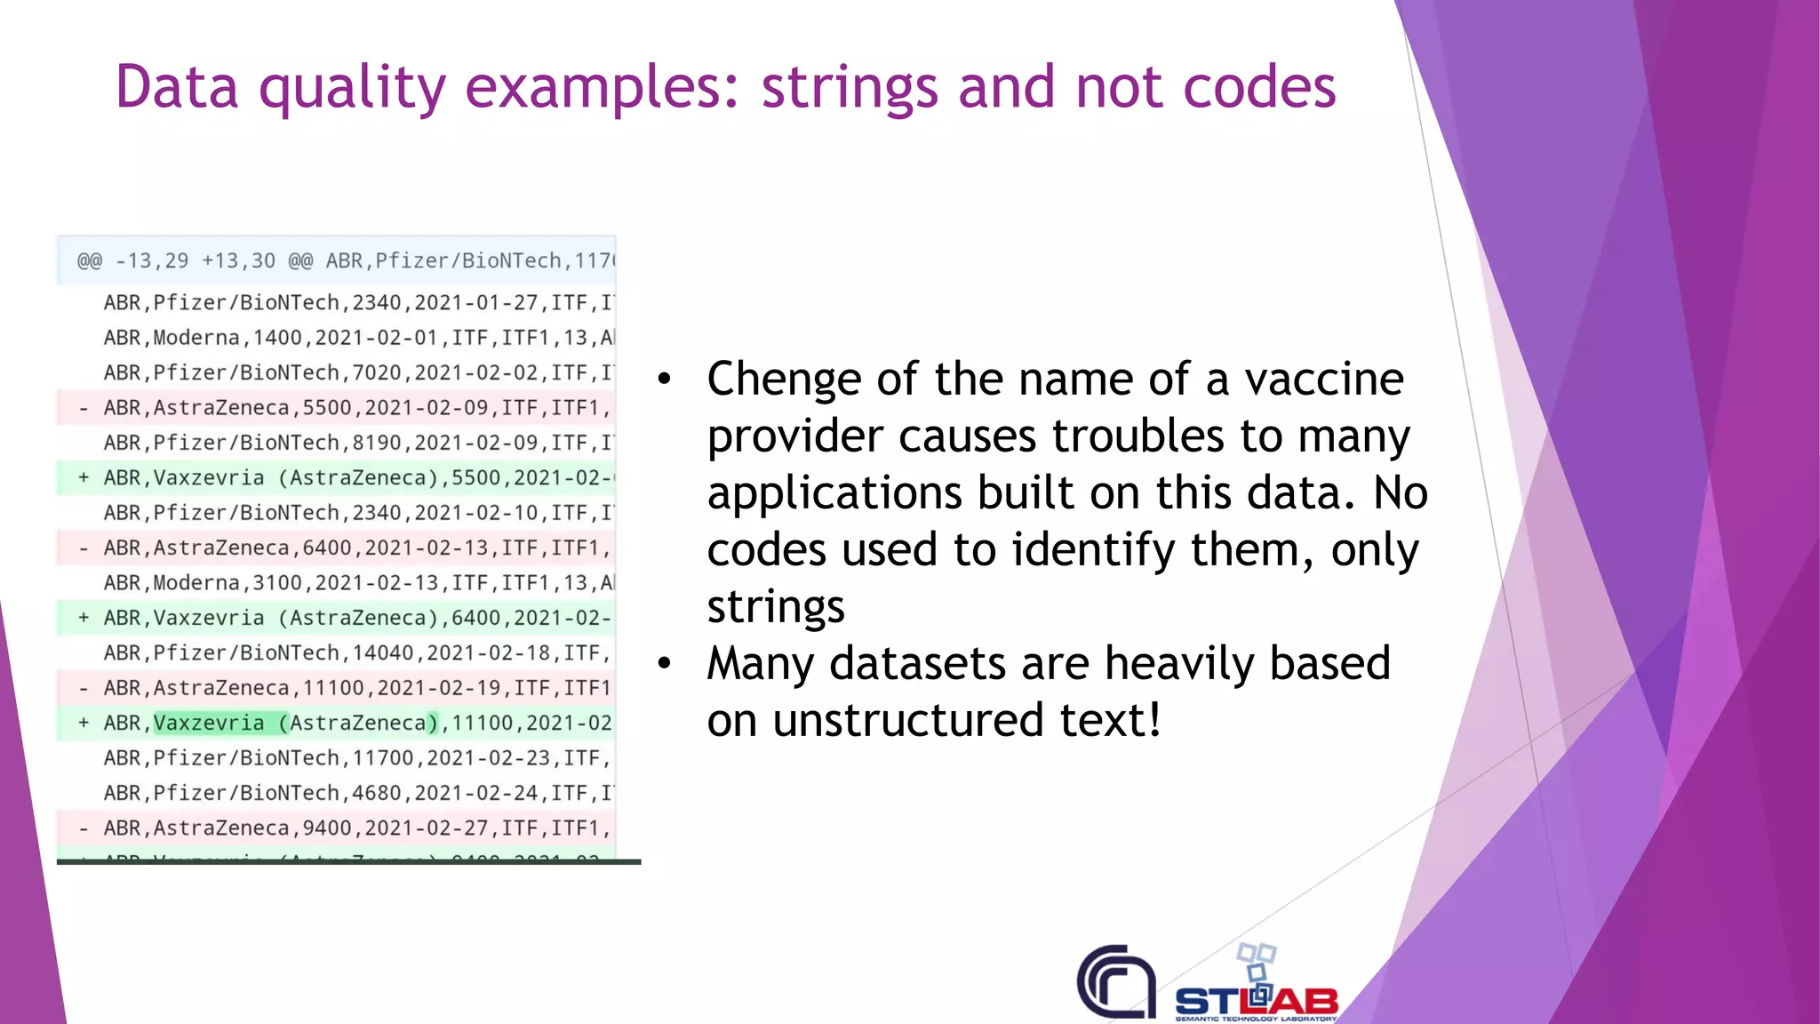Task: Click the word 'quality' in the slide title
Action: coord(352,89)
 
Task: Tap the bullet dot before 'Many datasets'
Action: coord(665,663)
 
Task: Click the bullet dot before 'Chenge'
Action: coord(665,380)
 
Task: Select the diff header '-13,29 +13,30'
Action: coord(196,261)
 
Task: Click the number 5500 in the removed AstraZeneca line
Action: coord(327,408)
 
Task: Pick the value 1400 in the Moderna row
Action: coord(277,338)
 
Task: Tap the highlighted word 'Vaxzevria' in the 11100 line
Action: coord(209,724)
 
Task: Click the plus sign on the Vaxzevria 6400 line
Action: coord(84,618)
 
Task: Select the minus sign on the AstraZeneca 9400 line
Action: coord(84,828)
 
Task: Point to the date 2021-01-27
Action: coord(476,303)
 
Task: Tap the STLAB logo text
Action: coord(1256,1002)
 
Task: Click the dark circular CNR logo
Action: coord(1116,981)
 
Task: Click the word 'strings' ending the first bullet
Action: coord(776,607)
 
